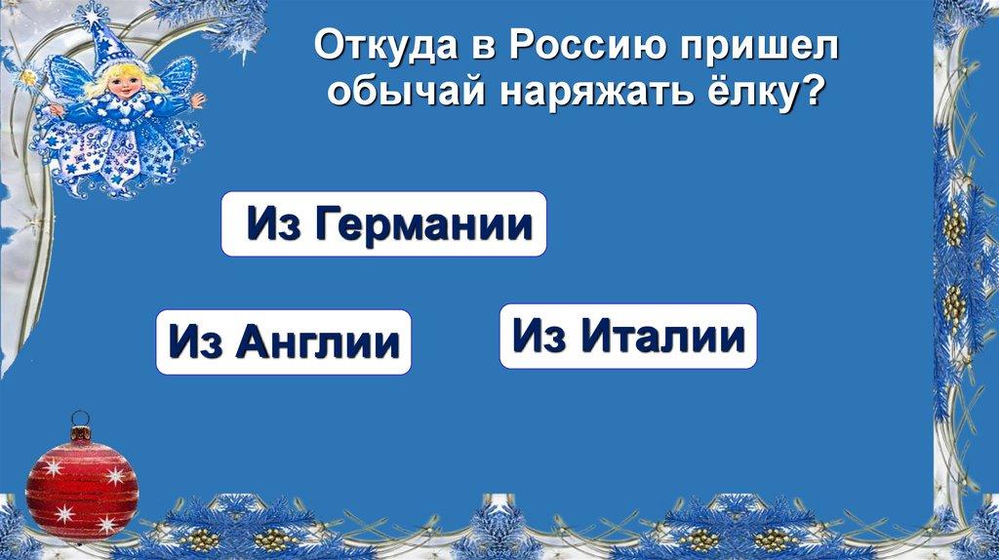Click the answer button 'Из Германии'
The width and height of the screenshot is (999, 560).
(383, 224)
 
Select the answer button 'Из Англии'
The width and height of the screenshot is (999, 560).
(283, 342)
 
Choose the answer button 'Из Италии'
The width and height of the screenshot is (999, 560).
(628, 337)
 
